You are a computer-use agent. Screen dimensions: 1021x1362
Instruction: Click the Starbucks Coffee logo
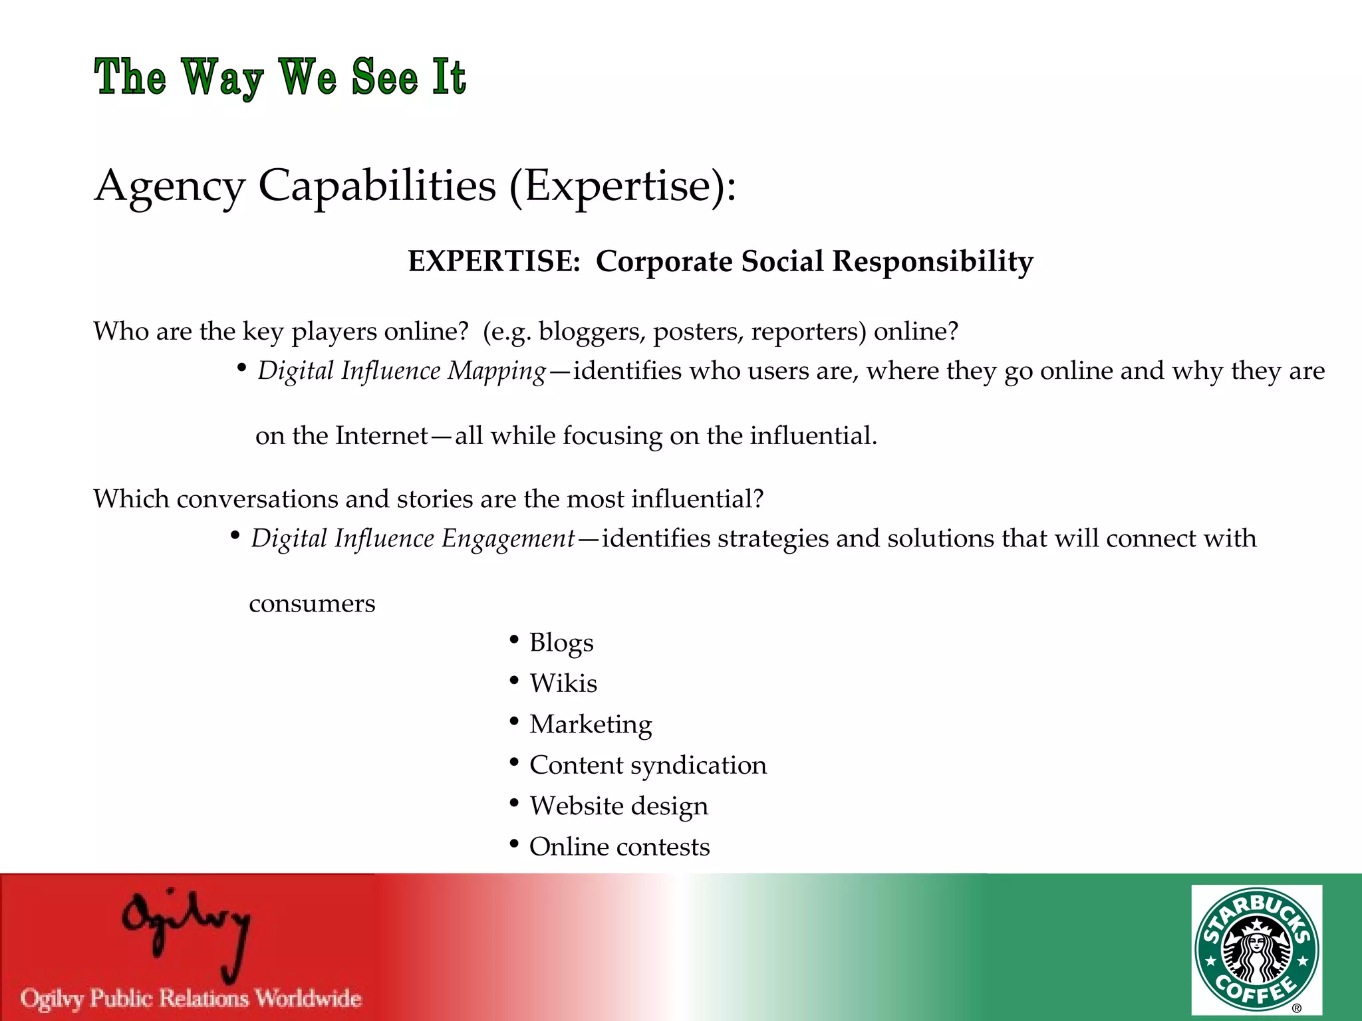point(1256,949)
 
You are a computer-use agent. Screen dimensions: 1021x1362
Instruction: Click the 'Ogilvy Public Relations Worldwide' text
point(192,998)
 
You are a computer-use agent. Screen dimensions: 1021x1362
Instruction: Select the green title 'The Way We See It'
point(280,77)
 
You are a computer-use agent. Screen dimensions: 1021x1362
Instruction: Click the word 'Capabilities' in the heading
point(377,185)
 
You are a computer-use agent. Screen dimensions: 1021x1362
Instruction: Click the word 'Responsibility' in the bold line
point(932,261)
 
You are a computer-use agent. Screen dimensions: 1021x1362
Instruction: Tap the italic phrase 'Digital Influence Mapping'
point(402,371)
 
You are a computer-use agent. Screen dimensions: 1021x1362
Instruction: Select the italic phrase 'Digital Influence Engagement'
point(412,538)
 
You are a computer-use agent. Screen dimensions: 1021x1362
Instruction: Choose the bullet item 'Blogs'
point(561,643)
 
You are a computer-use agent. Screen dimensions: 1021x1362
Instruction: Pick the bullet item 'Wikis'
point(563,683)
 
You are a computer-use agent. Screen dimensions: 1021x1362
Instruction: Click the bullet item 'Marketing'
point(591,725)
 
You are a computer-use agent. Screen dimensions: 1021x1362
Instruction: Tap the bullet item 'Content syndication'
point(648,765)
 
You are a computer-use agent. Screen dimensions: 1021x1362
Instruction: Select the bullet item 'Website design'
point(618,806)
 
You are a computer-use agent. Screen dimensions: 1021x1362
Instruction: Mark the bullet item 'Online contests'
point(619,847)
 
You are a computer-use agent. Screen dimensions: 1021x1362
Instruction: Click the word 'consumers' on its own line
point(312,604)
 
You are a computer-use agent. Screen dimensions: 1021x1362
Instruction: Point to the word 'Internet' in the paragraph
point(382,435)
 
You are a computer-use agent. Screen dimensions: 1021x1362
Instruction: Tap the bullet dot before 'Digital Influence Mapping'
point(241,367)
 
